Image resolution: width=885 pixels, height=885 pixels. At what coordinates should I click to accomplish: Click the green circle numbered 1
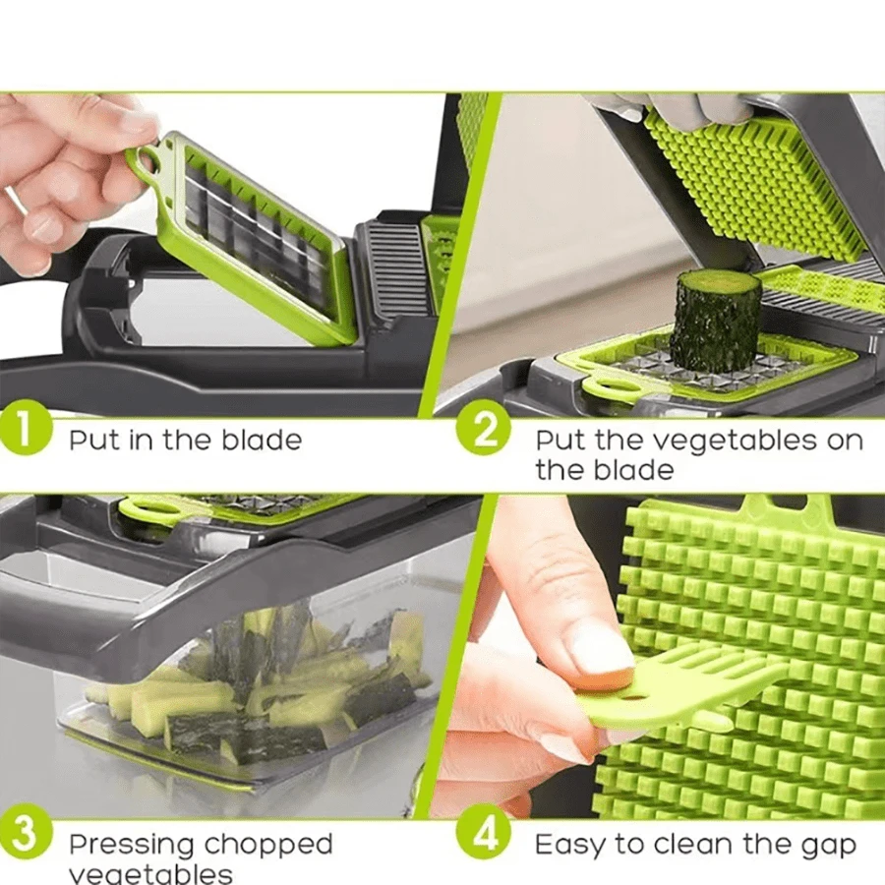24,434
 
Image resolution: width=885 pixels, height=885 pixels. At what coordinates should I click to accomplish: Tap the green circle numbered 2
483,433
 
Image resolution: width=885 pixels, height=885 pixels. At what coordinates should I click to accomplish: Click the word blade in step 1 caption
262,441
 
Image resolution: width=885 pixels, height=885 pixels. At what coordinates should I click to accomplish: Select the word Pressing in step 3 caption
133,845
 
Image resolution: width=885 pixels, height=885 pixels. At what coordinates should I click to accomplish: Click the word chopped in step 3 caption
268,845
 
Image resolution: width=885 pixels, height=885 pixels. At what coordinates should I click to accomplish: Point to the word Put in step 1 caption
94,441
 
